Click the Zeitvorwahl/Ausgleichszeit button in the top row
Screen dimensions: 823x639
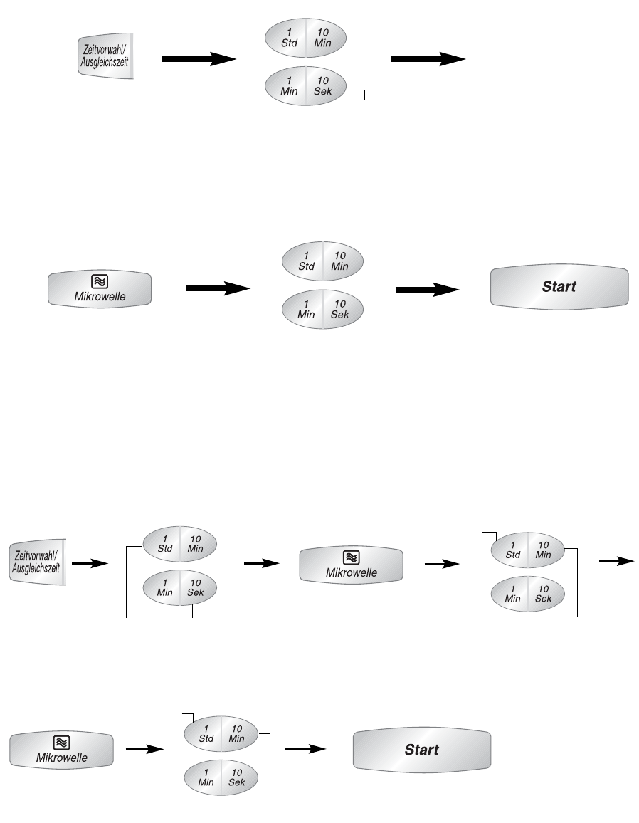click(x=105, y=58)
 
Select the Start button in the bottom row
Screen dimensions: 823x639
click(x=422, y=749)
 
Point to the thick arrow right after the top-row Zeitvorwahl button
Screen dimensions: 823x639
click(x=199, y=61)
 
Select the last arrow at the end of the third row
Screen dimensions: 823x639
click(x=616, y=561)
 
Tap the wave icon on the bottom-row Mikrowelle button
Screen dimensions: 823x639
click(x=62, y=742)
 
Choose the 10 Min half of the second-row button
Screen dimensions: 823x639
click(x=340, y=261)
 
